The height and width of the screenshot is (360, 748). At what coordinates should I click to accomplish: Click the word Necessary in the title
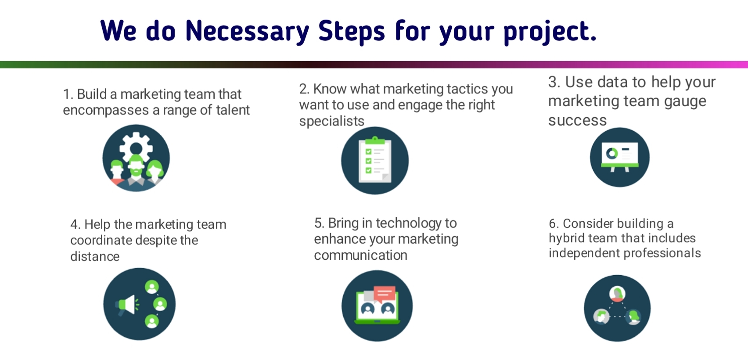[x=248, y=32]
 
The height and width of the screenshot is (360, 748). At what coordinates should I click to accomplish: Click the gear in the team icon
[x=136, y=147]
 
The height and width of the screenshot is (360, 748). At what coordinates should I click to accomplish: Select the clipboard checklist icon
[x=375, y=160]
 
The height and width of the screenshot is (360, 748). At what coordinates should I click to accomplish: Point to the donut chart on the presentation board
[x=612, y=154]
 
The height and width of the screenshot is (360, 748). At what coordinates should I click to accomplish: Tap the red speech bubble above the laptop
[x=385, y=294]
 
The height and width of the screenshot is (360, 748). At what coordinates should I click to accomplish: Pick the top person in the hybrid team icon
[x=617, y=294]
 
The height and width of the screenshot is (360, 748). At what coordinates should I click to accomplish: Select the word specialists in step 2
[x=331, y=121]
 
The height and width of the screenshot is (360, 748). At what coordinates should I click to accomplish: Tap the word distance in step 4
[x=95, y=256]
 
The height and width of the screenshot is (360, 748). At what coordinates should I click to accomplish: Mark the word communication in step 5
[x=361, y=255]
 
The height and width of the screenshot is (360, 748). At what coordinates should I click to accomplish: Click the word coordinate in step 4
[x=101, y=241]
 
